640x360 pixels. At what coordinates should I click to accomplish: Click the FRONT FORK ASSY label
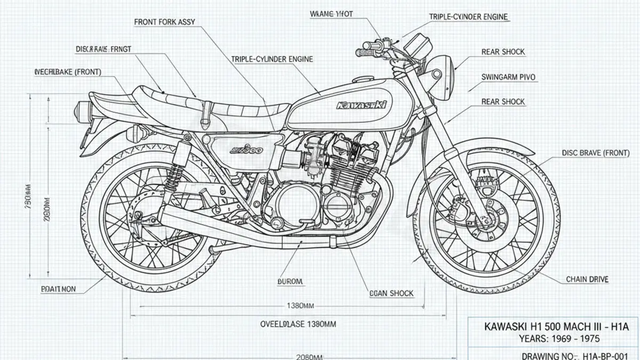click(164, 22)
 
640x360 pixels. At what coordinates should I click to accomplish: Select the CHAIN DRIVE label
click(587, 279)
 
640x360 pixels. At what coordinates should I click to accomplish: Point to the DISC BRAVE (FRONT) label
click(595, 153)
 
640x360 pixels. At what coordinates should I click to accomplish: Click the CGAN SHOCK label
click(391, 293)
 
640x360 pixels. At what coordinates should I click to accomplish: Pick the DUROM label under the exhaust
click(290, 281)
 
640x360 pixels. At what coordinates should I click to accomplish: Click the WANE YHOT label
click(331, 13)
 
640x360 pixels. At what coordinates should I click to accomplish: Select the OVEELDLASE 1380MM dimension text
click(298, 324)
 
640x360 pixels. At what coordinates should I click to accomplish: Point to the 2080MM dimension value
click(309, 356)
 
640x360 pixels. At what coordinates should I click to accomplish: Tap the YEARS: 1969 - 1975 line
click(551, 338)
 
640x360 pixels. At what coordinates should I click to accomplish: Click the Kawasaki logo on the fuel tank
click(362, 105)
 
